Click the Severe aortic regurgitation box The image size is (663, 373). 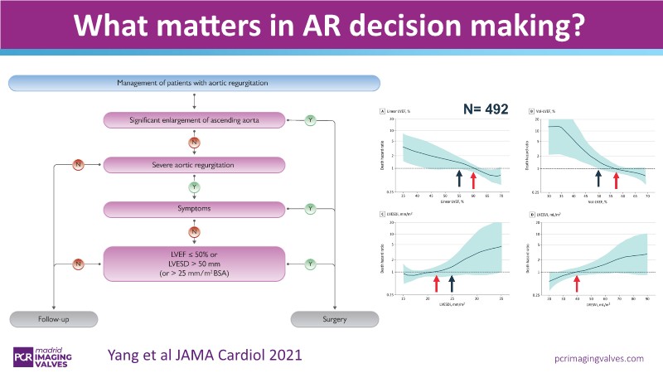(x=193, y=165)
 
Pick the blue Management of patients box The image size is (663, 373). (x=193, y=83)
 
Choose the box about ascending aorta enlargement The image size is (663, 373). (x=193, y=121)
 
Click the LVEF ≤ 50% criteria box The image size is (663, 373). (x=193, y=264)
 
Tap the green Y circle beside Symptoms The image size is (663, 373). (x=310, y=206)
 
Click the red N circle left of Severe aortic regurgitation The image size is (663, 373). (x=78, y=165)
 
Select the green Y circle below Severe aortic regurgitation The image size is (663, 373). (x=193, y=186)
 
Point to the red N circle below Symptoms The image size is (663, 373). (x=193, y=231)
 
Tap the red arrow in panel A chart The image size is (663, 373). (x=473, y=179)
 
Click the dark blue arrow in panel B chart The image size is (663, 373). (x=598, y=178)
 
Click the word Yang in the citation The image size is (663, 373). (x=125, y=354)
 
